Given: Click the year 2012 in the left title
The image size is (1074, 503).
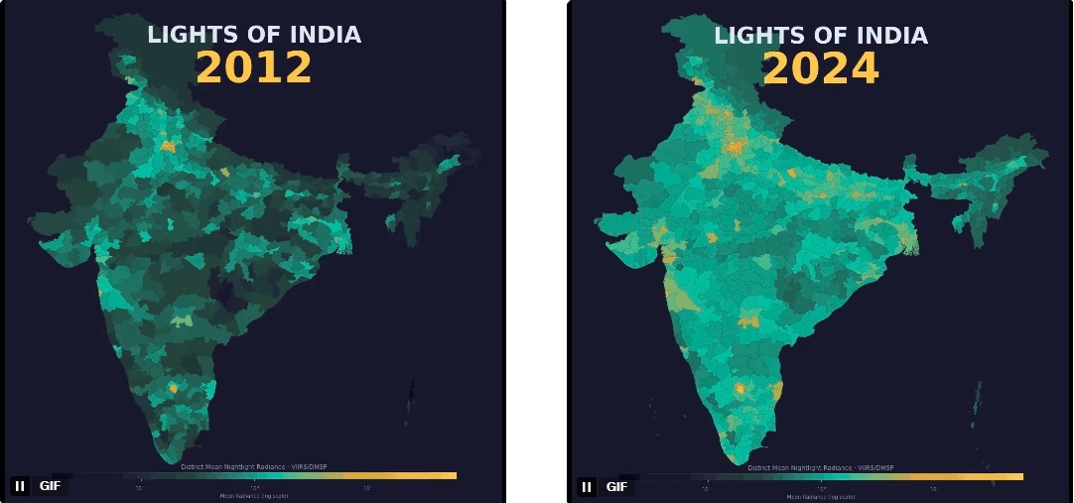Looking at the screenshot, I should pyautogui.click(x=253, y=68).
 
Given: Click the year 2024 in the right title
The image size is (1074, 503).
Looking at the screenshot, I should pyautogui.click(x=820, y=68).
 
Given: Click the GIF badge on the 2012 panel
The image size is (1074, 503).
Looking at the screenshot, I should pyautogui.click(x=50, y=486).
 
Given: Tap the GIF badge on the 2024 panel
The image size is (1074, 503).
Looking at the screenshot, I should pyautogui.click(x=616, y=487).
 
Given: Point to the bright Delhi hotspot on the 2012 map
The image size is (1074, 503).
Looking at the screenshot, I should pyautogui.click(x=168, y=146).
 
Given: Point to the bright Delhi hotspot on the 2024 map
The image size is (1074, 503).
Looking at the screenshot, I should pyautogui.click(x=737, y=147).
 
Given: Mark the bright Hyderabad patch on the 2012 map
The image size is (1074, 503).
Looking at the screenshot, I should pyautogui.click(x=182, y=320).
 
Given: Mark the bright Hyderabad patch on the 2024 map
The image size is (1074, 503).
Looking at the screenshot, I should pyautogui.click(x=749, y=320).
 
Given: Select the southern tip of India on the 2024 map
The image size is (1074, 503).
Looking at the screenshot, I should pyautogui.click(x=736, y=460).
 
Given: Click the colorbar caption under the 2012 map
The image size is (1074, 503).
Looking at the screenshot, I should pyautogui.click(x=253, y=465).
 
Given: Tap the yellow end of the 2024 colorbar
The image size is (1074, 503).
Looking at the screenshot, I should pyautogui.click(x=1012, y=476).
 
